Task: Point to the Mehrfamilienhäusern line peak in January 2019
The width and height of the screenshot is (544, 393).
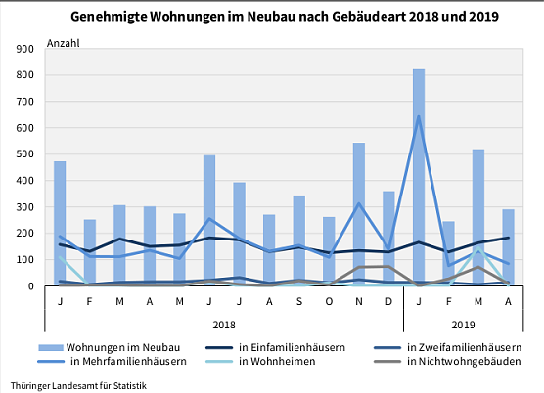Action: coord(419,116)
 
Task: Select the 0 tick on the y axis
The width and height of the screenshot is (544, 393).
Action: coord(30,286)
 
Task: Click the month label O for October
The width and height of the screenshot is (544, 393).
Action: coord(329,301)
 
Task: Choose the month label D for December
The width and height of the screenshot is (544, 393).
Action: coord(388,301)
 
